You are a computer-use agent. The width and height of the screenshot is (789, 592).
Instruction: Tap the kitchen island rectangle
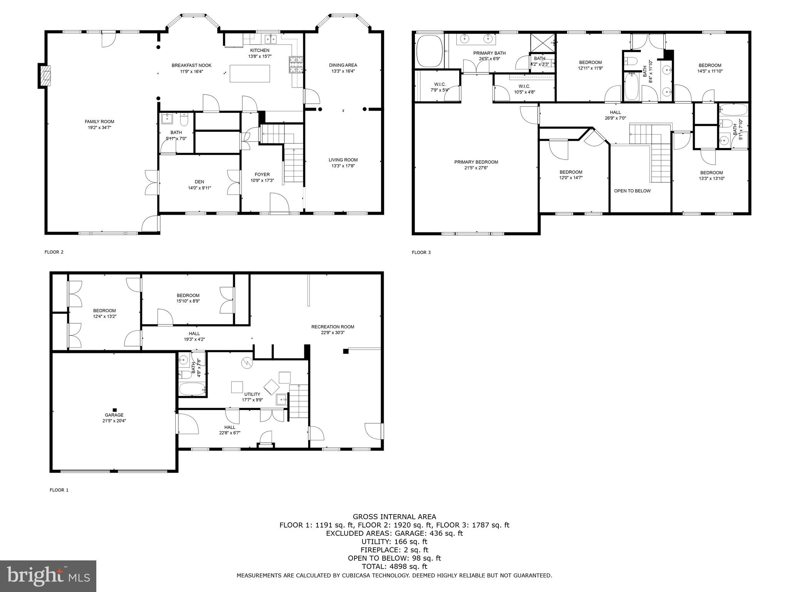click(x=250, y=74)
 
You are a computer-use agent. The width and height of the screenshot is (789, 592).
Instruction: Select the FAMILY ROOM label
click(x=99, y=122)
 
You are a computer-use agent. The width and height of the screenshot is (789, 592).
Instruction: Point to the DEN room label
click(x=199, y=182)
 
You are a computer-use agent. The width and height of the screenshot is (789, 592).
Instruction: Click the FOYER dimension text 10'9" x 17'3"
click(x=262, y=180)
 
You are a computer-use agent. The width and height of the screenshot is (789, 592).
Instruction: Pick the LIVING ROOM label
click(x=343, y=160)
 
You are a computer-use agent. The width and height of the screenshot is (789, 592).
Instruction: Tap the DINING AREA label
click(x=343, y=65)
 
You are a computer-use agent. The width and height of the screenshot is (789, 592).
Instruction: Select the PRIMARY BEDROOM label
click(x=476, y=162)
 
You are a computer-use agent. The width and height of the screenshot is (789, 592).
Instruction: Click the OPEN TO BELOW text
click(x=632, y=191)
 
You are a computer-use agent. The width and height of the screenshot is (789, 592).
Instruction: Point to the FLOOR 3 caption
click(x=421, y=252)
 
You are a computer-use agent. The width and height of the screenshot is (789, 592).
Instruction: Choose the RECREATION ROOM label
click(x=332, y=327)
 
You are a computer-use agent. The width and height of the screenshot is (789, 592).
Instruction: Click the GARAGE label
click(x=114, y=415)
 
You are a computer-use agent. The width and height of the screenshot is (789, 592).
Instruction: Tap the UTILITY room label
click(x=252, y=394)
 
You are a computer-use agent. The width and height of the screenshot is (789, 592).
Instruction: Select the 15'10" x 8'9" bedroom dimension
click(x=188, y=301)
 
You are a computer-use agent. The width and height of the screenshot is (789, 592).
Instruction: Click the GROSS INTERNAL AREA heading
click(x=394, y=517)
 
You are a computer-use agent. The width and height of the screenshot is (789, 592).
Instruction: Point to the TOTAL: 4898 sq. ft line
click(x=394, y=567)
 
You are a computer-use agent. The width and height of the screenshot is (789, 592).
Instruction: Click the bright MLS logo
click(x=48, y=576)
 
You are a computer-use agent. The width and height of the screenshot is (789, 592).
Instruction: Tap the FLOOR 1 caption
click(x=59, y=490)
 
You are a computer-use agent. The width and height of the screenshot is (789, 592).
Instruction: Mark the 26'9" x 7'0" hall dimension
click(x=615, y=118)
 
